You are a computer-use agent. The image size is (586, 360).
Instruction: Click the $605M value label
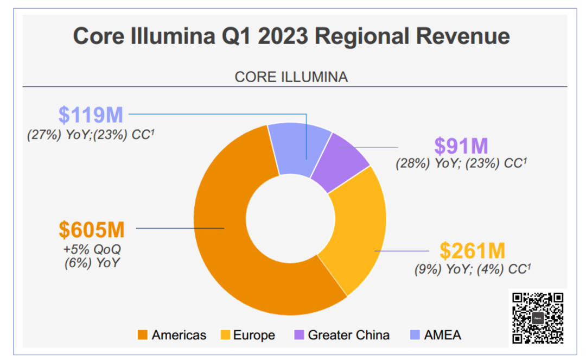(x=92, y=230)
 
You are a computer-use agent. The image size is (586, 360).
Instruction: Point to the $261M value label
(x=472, y=251)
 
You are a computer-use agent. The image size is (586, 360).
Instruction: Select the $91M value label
(x=461, y=146)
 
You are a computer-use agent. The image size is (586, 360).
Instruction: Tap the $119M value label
(x=91, y=115)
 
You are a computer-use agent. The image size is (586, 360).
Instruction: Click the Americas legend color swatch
(x=143, y=336)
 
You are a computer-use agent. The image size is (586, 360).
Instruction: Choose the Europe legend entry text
(x=254, y=336)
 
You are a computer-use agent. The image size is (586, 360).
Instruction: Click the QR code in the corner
(x=538, y=318)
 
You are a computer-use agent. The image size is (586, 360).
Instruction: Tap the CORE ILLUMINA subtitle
(x=291, y=77)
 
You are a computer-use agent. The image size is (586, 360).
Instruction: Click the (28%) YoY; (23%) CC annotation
(x=461, y=162)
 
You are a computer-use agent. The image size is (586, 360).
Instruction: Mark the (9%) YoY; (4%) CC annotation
(x=472, y=268)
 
